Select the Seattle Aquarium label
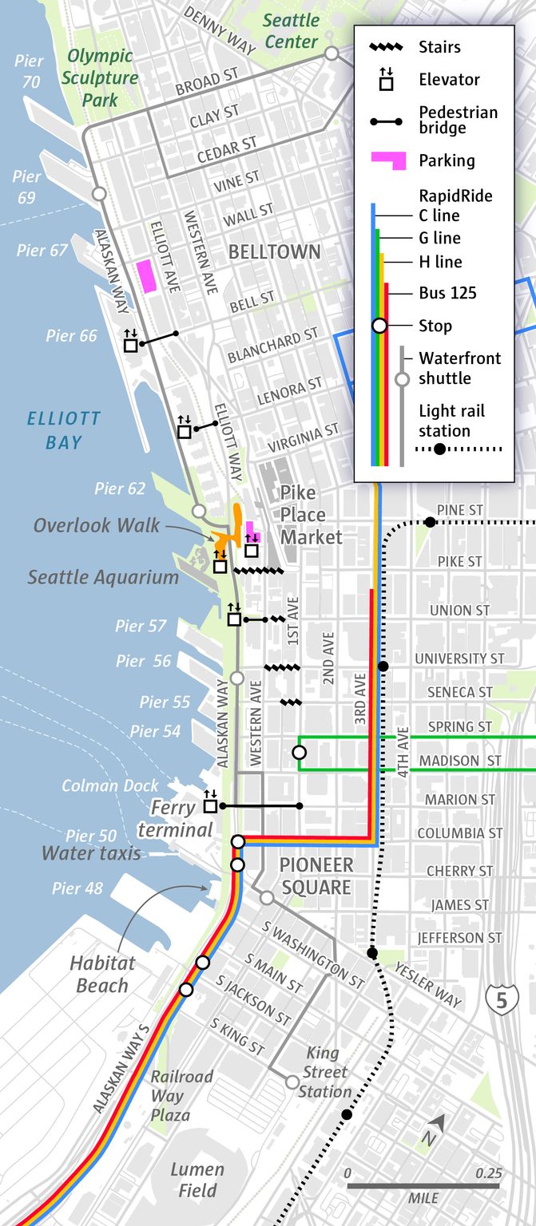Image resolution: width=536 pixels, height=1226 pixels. (103, 577)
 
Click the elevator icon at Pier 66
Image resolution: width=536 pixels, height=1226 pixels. (131, 344)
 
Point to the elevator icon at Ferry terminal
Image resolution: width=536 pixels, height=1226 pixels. (211, 805)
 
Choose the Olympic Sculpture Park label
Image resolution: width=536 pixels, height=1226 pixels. (102, 78)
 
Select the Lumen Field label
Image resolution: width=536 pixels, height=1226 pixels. (197, 1180)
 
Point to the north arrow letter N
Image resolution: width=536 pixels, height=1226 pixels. (430, 1138)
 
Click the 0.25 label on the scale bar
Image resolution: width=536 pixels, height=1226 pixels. (488, 1173)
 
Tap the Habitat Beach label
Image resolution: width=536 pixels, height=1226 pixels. (101, 974)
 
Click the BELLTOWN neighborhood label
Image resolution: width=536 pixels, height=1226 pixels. (274, 252)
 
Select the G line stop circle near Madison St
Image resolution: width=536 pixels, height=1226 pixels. (299, 752)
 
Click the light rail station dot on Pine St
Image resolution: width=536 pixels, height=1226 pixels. (430, 522)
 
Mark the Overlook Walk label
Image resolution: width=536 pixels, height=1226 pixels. (97, 525)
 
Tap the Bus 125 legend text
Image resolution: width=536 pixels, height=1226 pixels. (447, 293)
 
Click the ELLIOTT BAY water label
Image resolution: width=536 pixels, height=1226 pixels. (63, 429)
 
